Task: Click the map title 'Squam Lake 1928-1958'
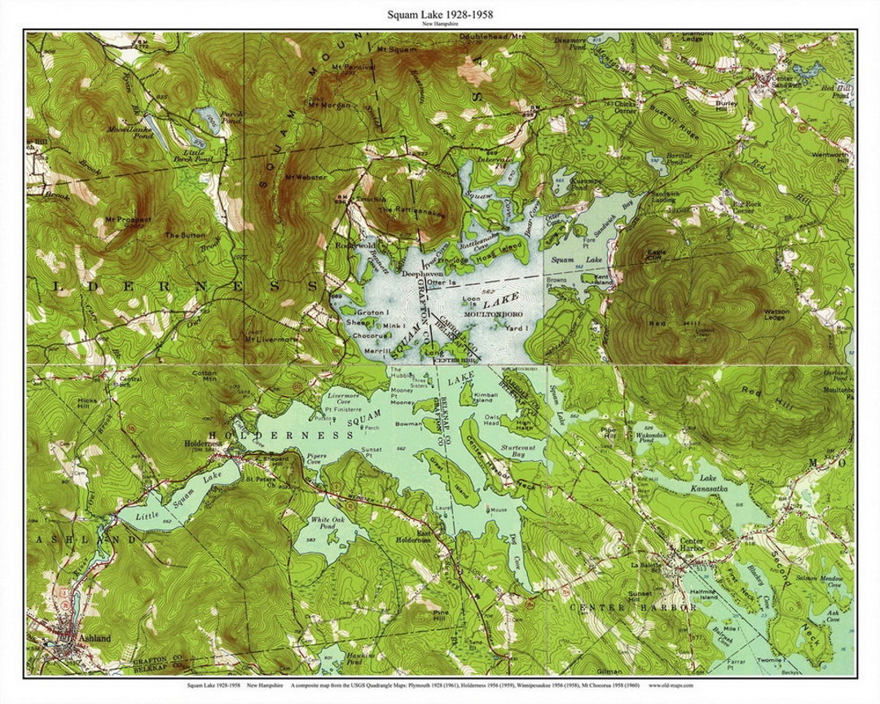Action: [x=439, y=14]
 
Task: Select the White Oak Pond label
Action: [x=323, y=523]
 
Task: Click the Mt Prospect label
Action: [x=128, y=220]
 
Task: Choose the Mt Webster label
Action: [x=306, y=177]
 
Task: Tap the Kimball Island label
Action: [x=484, y=398]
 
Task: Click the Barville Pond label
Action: [x=680, y=158]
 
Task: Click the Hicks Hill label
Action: [x=87, y=405]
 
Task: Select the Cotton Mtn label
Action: [x=204, y=376]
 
